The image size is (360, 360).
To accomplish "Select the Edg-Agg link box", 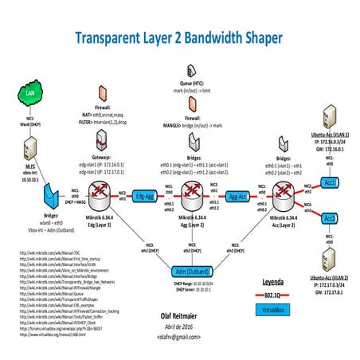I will tap(145, 194).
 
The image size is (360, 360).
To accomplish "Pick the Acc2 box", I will tap(331, 217).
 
